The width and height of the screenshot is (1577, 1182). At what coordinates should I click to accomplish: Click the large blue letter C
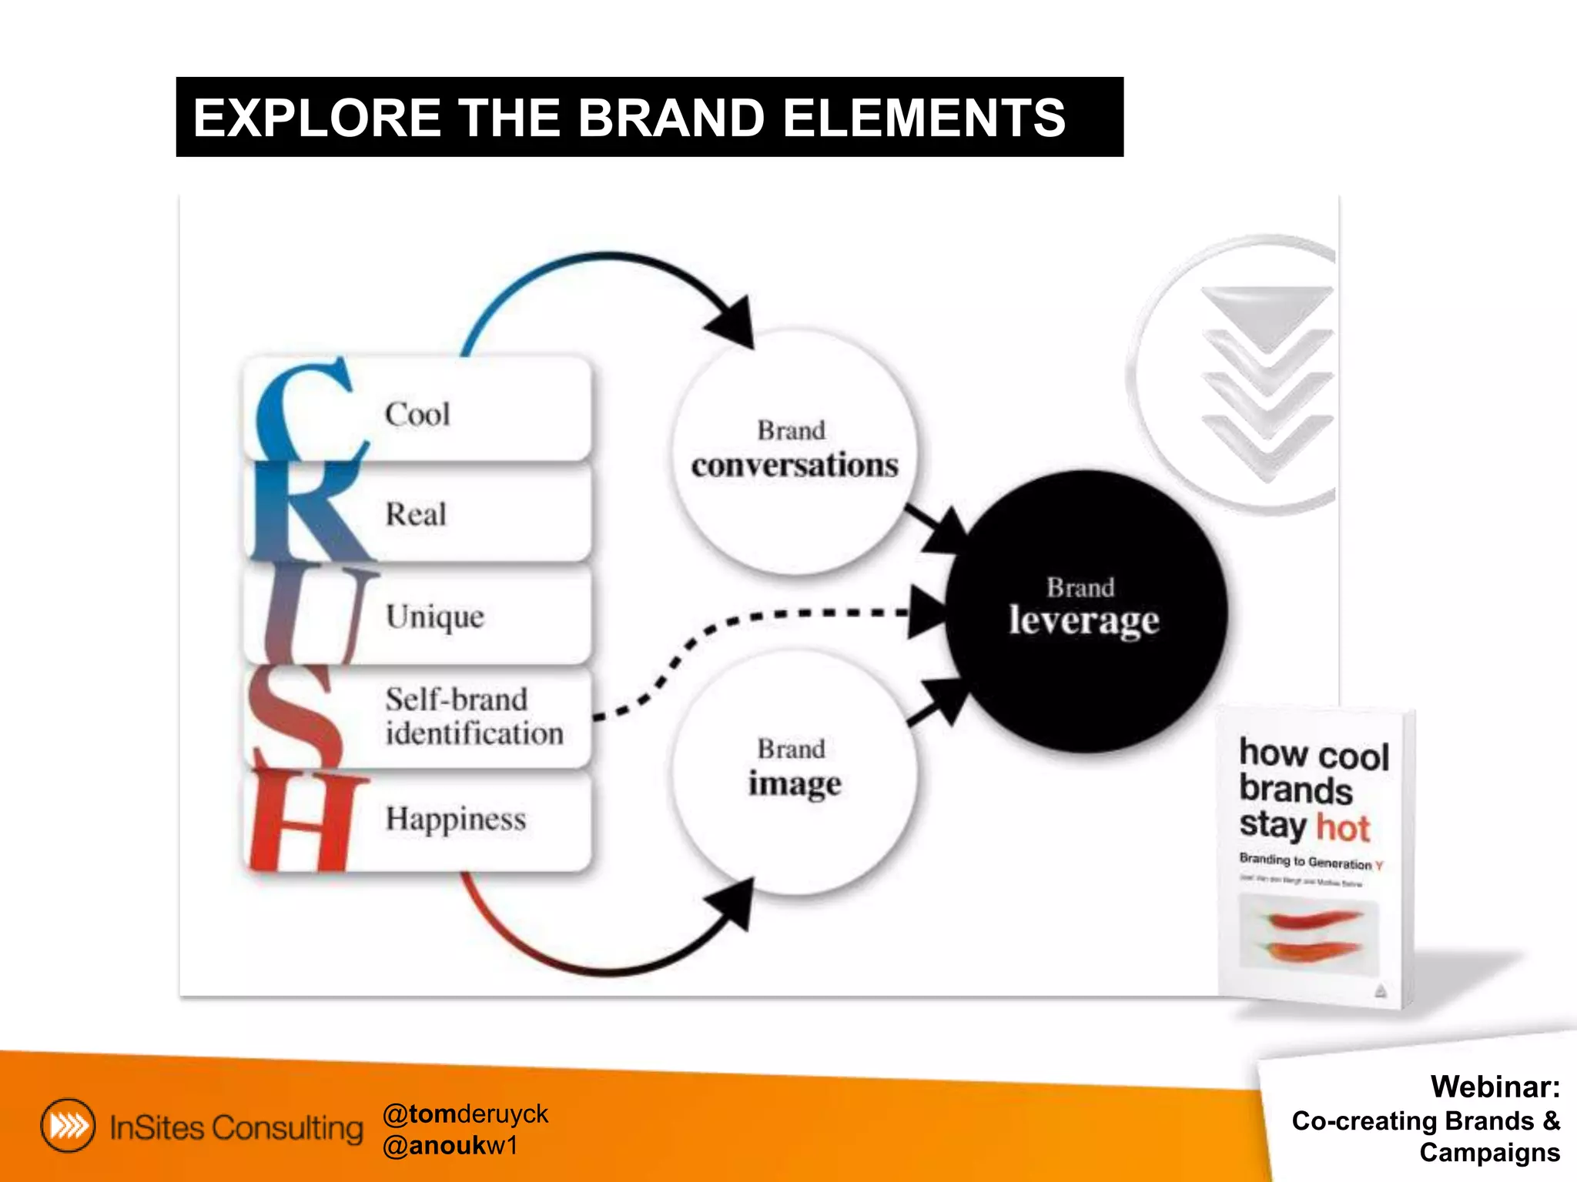point(304,412)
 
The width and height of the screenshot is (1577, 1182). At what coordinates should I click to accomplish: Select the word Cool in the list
point(417,415)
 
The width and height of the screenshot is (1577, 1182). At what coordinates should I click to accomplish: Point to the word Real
point(416,514)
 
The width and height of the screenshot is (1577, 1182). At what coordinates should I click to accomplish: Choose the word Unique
point(435,616)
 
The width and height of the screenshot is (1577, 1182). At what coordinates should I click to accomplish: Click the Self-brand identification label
point(474,716)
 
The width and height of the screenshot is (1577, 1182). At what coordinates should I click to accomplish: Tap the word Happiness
point(456,819)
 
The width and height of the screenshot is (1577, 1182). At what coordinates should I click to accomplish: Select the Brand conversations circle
point(795,451)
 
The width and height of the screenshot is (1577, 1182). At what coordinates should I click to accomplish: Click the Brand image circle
point(795,770)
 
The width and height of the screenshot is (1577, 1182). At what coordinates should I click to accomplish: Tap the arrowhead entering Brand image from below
point(734,903)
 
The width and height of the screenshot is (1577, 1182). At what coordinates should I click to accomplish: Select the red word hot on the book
point(1343,828)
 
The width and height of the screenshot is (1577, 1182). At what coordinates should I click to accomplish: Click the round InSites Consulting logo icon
point(69,1126)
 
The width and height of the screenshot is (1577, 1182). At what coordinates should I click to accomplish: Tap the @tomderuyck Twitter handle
point(465,1114)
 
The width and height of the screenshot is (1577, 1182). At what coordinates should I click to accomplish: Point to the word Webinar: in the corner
point(1495,1087)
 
